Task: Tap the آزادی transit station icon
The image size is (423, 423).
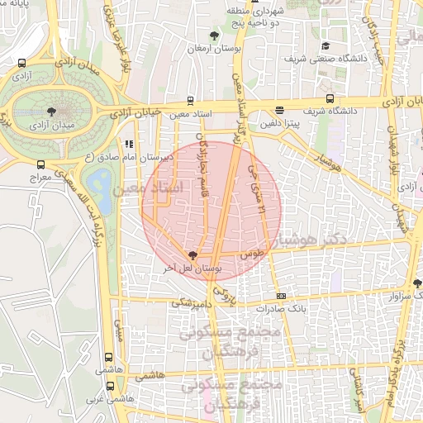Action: tap(22, 63)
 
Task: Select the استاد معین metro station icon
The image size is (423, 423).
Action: tap(191, 101)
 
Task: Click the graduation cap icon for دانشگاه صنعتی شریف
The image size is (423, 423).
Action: tap(326, 46)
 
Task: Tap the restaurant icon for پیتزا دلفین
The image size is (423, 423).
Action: tap(280, 110)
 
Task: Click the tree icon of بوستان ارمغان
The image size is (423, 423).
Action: tap(215, 36)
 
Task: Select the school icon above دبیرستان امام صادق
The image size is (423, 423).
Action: tap(128, 144)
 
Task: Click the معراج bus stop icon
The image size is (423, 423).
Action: tap(42, 164)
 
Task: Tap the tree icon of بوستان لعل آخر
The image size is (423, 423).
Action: tap(192, 256)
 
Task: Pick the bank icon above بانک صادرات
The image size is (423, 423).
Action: tap(281, 295)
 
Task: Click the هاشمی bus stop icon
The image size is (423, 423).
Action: tap(109, 359)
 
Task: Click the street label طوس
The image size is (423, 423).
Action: tap(253, 256)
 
